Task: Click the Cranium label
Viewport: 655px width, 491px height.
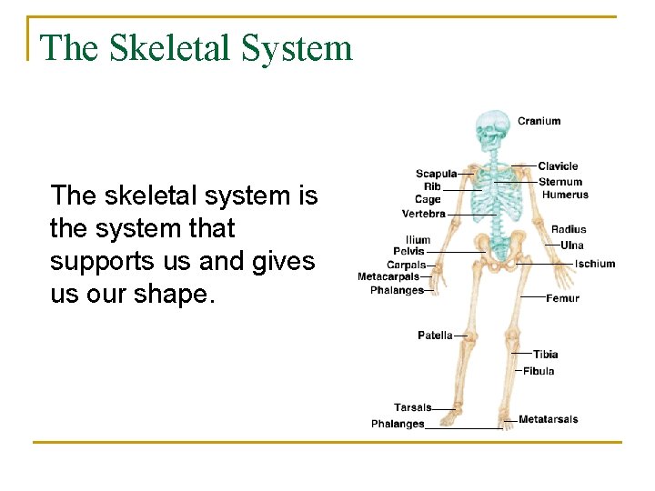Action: tap(539, 121)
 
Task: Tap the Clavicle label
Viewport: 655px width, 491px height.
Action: tap(558, 166)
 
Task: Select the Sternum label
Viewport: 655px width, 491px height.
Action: tap(559, 182)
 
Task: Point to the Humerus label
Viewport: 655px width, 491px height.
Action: tap(565, 195)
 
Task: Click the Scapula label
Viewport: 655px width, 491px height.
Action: tap(436, 174)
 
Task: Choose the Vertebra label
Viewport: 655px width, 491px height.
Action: tap(424, 215)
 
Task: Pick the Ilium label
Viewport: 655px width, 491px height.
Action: tap(418, 240)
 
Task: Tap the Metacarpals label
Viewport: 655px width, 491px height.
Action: tap(388, 276)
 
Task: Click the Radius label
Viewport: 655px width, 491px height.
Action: tap(569, 230)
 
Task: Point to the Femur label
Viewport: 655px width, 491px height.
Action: tap(562, 298)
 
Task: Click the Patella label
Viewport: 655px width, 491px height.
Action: tap(435, 336)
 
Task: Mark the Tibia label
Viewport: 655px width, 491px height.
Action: tap(545, 355)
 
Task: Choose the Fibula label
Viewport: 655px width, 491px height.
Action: tap(539, 371)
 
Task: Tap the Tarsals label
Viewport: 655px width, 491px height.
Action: tap(412, 407)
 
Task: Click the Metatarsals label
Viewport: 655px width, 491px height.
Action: tap(548, 420)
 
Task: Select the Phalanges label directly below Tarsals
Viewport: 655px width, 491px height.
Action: tap(398, 424)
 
